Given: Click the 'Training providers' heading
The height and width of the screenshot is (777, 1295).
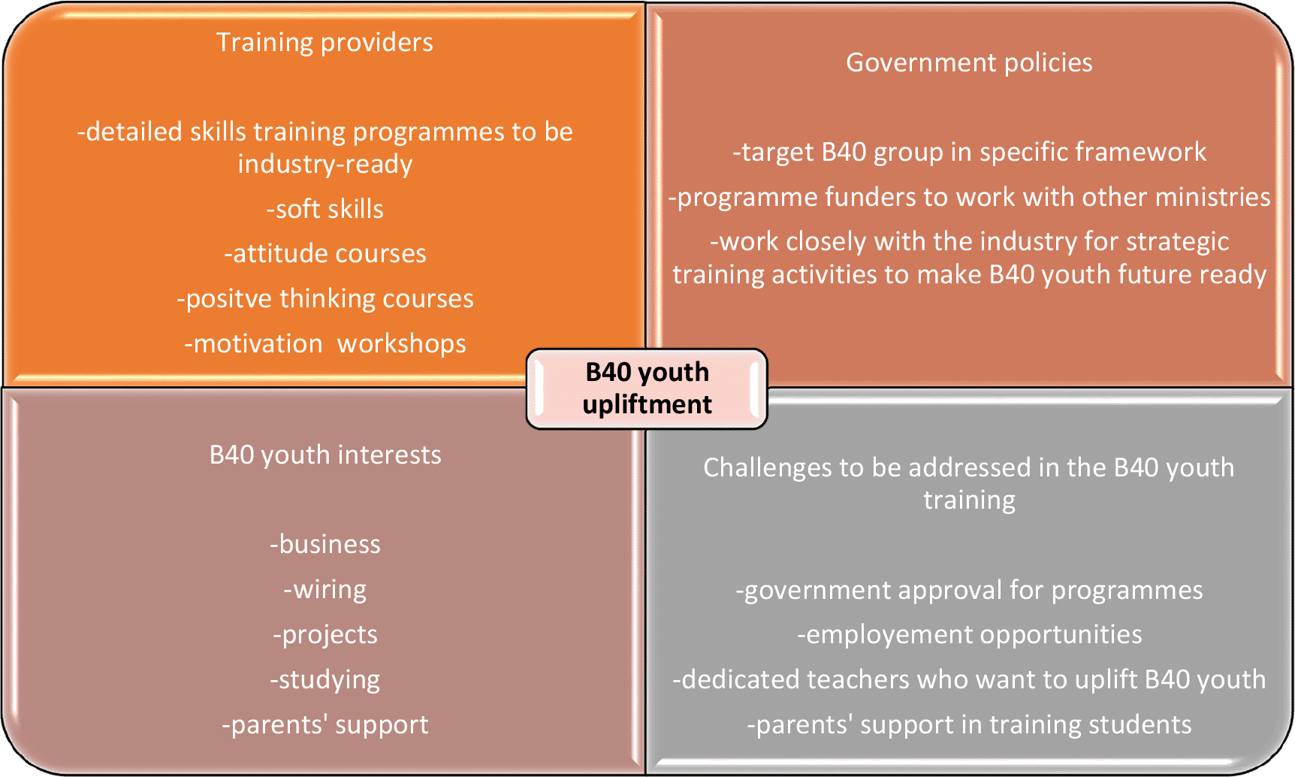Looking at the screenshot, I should click(x=325, y=43).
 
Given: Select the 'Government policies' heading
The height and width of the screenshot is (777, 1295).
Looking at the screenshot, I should click(x=969, y=62).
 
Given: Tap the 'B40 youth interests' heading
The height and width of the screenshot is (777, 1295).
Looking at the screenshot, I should click(x=325, y=455).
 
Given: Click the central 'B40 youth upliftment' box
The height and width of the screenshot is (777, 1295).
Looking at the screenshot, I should click(x=647, y=388).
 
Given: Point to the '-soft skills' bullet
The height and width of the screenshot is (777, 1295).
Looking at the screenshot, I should click(x=325, y=209).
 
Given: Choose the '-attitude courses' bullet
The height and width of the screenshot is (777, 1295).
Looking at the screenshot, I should click(x=325, y=253).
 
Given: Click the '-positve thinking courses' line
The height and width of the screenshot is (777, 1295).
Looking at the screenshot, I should click(x=325, y=299).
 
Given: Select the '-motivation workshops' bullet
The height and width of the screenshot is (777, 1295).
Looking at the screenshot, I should click(x=325, y=343).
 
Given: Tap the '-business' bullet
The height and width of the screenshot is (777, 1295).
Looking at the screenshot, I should click(x=325, y=544).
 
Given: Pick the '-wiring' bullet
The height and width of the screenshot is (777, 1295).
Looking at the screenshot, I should click(x=325, y=589).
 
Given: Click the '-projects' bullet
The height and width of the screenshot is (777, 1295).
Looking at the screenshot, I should click(x=325, y=635).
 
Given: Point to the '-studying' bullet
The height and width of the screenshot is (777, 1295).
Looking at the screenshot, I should click(x=325, y=680).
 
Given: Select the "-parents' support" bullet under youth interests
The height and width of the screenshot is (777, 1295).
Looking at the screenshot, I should click(x=325, y=724).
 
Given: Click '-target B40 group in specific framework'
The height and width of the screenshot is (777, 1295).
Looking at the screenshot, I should click(x=969, y=152).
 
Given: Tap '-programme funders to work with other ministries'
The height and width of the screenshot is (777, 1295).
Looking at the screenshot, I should click(x=969, y=197).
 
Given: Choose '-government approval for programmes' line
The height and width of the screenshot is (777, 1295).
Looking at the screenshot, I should click(x=969, y=591).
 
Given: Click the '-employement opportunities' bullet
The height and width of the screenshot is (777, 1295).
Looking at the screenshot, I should click(x=969, y=635).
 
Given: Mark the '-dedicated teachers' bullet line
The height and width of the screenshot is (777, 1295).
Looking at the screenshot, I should click(x=969, y=679).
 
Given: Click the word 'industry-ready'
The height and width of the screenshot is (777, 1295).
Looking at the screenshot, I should click(x=325, y=165).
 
